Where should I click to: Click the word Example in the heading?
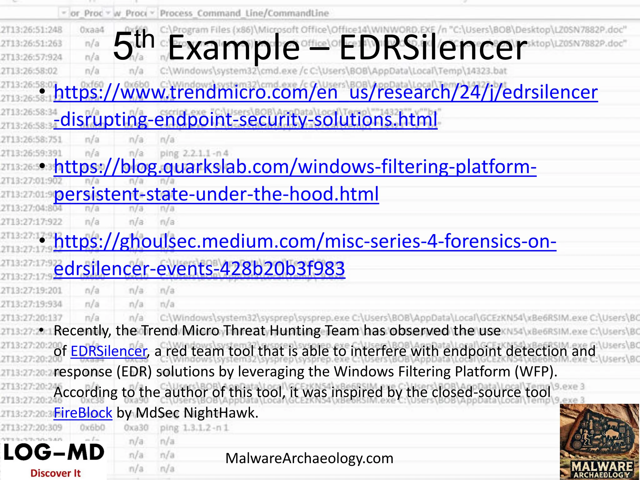click(x=234, y=48)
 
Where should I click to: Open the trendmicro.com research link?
click(x=325, y=93)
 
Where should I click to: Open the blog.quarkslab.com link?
click(x=295, y=167)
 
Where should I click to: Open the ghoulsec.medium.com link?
click(x=305, y=242)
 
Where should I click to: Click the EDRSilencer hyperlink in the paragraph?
click(x=108, y=351)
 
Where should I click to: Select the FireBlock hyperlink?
click(x=83, y=413)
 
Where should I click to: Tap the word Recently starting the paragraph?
click(x=82, y=331)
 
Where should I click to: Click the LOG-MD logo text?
click(x=54, y=453)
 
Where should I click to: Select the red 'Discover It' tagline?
click(x=56, y=473)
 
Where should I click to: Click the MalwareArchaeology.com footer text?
click(x=309, y=458)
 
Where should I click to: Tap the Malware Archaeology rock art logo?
click(x=599, y=441)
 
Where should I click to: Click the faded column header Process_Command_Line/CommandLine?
click(x=244, y=13)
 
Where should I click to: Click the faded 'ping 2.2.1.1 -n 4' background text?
click(x=194, y=153)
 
